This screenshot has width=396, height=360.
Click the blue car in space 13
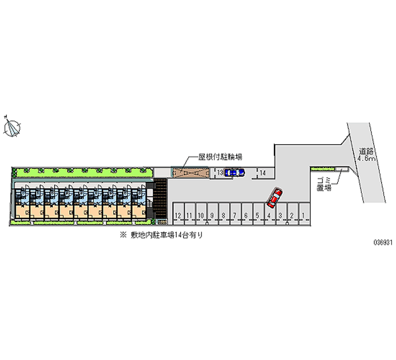coord(234,172)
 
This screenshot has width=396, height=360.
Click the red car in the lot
coord(274,197)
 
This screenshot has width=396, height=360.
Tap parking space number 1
coord(302,214)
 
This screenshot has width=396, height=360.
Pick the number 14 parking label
coord(264,172)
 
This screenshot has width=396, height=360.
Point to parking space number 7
coord(235,214)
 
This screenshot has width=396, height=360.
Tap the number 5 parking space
coord(257,214)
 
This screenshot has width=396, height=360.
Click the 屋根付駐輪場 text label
coord(220,156)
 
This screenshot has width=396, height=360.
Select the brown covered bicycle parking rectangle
coord(190,173)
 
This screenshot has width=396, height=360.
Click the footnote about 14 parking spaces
coord(161,236)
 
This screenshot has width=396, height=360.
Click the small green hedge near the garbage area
coord(322,169)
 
